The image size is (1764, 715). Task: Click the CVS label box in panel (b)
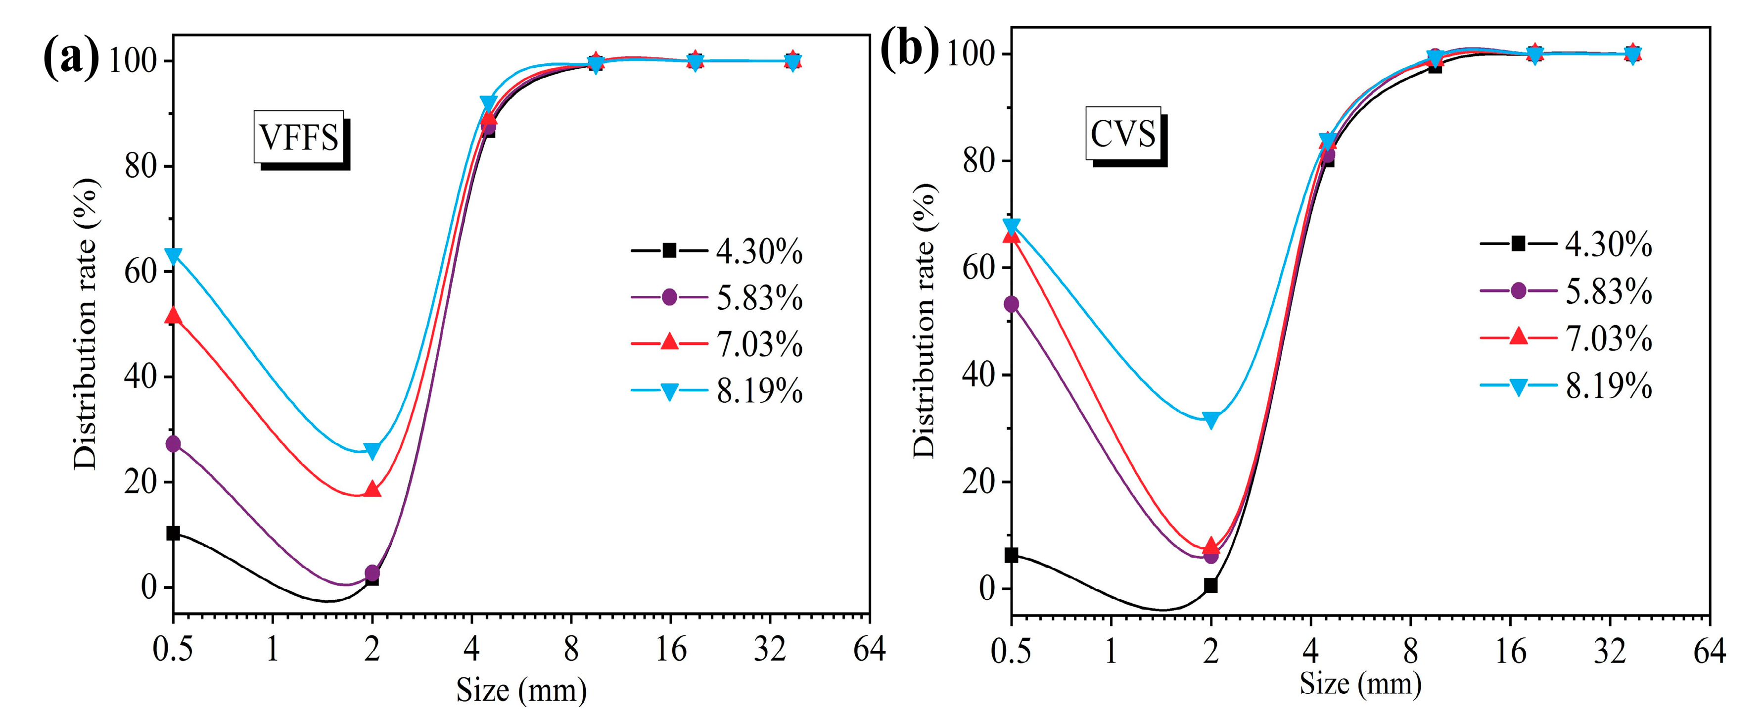pos(1122,134)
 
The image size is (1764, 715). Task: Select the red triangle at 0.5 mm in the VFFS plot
pos(173,316)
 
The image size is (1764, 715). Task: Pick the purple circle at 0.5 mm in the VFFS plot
pos(173,444)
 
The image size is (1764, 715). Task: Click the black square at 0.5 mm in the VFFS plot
pos(173,533)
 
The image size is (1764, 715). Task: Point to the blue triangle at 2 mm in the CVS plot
pos(1210,420)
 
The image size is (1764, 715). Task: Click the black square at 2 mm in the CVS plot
pos(1210,585)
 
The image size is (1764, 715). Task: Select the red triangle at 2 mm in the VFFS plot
pos(372,489)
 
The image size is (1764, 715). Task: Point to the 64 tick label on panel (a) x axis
pos(869,649)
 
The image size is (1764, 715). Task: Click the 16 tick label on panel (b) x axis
pos(1509,651)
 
